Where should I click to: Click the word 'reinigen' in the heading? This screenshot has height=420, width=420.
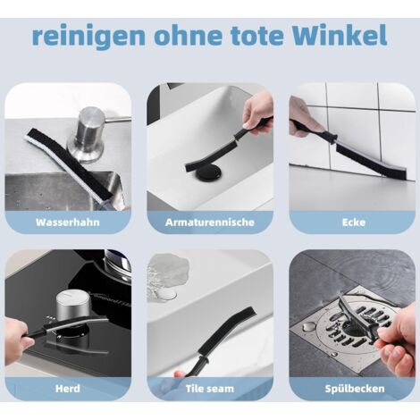point(88,37)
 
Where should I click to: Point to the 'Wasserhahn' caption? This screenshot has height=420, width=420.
point(68,223)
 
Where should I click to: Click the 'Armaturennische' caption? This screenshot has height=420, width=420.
point(210,223)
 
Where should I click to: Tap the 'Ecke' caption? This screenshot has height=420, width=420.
point(354,223)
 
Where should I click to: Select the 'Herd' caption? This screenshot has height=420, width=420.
point(68,389)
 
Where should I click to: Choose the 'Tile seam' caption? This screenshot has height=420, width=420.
point(210,389)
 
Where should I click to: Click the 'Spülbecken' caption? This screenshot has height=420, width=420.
point(355,389)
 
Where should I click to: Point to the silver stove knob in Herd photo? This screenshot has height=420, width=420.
point(71,307)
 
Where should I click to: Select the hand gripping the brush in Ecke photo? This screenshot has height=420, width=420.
point(306,119)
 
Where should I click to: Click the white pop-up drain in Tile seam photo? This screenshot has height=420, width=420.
point(167,295)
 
